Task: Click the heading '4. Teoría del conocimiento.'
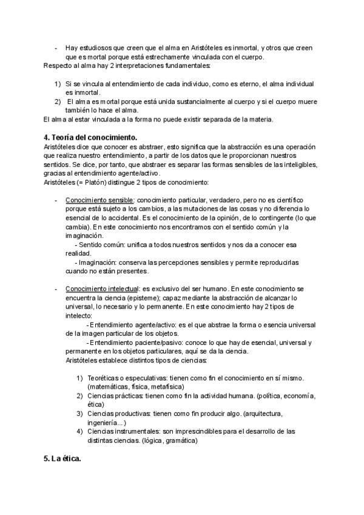pos(91,137)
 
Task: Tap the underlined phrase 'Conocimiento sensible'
pos(99,200)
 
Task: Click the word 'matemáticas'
pos(109,386)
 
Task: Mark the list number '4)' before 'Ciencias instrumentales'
pos(80,431)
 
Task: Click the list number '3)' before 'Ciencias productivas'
pos(80,413)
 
